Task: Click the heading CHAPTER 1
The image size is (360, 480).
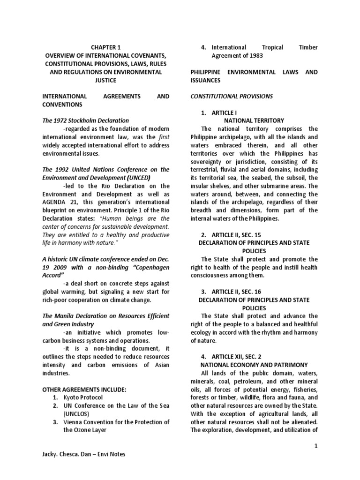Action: [x=105, y=47]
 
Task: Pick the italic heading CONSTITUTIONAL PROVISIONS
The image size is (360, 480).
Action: [x=231, y=96]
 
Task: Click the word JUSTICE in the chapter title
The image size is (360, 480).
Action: [x=106, y=80]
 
